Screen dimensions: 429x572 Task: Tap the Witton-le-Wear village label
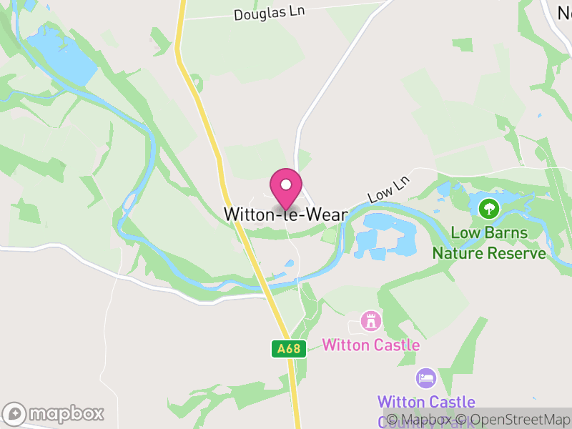[285, 214]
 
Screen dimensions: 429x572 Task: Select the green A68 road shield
[290, 349]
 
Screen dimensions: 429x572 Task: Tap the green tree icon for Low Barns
[489, 208]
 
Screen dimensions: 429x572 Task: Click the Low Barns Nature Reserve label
[489, 243]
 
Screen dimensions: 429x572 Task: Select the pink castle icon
[370, 320]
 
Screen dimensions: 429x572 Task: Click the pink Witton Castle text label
[370, 345]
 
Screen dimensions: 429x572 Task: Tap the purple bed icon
[426, 377]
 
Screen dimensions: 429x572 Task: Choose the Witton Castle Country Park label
[426, 409]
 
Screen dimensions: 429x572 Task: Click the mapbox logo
[54, 413]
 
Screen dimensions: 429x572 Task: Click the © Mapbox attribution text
[420, 420]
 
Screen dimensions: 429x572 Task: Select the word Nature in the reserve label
[459, 253]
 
